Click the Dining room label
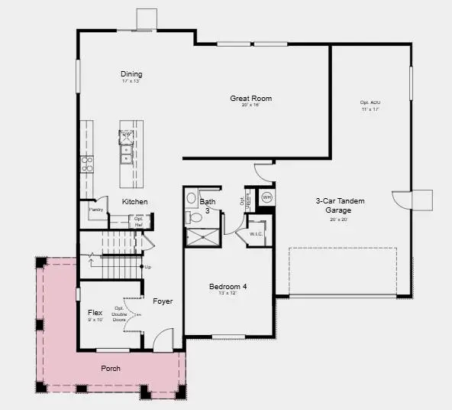coord(131,74)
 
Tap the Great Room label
coord(251,99)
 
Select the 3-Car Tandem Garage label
coord(341,205)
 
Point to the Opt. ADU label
coord(370,102)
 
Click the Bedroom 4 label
coord(229,288)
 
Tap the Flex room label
coord(95,312)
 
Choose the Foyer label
coord(162,301)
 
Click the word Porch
coord(111,368)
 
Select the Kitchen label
coord(135,202)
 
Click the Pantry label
coord(96,209)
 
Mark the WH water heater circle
coord(266,197)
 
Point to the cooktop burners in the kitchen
coord(87,163)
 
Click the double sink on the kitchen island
coord(127,146)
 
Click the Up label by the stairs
coord(147,267)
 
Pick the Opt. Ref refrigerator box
coord(139,223)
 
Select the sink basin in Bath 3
coord(191,198)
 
